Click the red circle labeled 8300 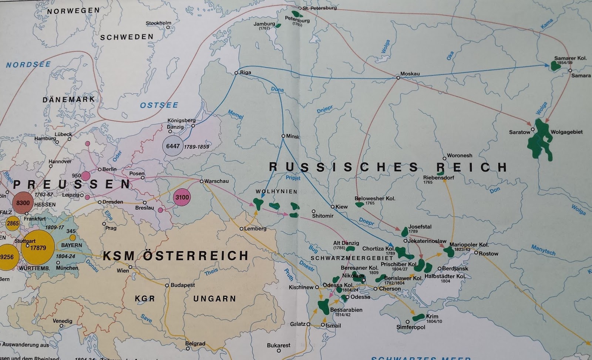(23, 203)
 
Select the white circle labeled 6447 (173, 146)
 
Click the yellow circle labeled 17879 (38, 248)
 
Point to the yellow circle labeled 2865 (13, 223)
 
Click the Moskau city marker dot (398, 78)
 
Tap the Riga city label (246, 73)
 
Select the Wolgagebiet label (566, 132)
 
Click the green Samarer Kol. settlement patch (555, 65)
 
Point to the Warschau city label (217, 181)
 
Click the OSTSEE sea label (159, 105)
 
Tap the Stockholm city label (158, 23)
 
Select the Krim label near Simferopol (432, 316)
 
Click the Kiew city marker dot (332, 206)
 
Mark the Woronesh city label (460, 156)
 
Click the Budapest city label (182, 285)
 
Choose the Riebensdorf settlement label (438, 178)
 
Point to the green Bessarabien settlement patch (323, 307)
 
